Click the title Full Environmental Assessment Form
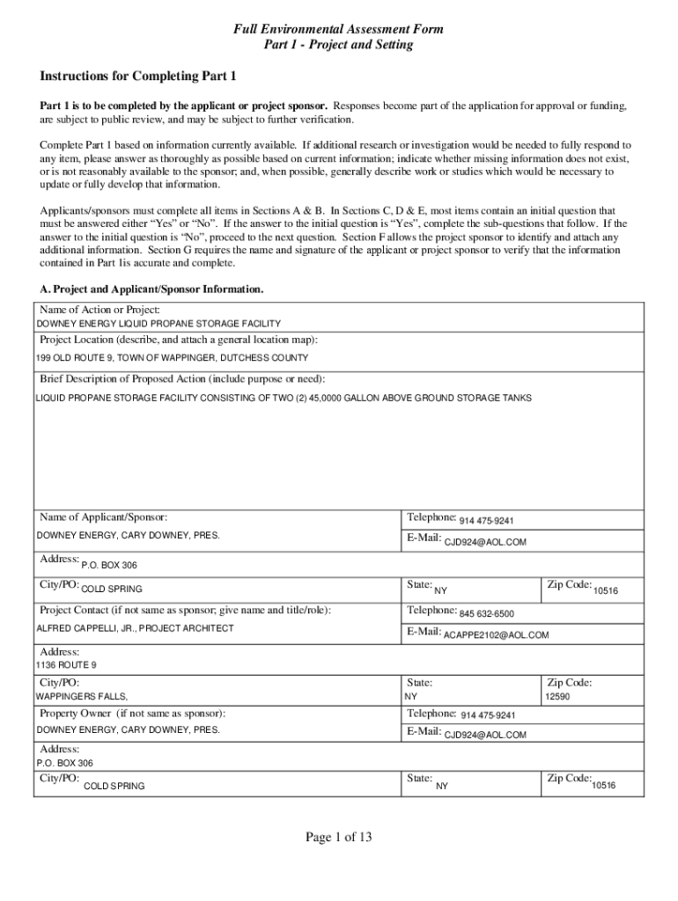(338, 29)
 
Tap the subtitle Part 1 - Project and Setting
(338, 45)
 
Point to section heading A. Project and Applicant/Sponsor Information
(151, 289)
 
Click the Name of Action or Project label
(99, 310)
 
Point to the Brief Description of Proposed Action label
(182, 379)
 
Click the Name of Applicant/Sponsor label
(103, 516)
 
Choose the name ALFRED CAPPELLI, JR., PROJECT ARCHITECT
(135, 628)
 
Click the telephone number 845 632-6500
(486, 614)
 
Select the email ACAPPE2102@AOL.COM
(496, 634)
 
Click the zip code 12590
(558, 696)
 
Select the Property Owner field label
(132, 713)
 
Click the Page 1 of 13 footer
(339, 838)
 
